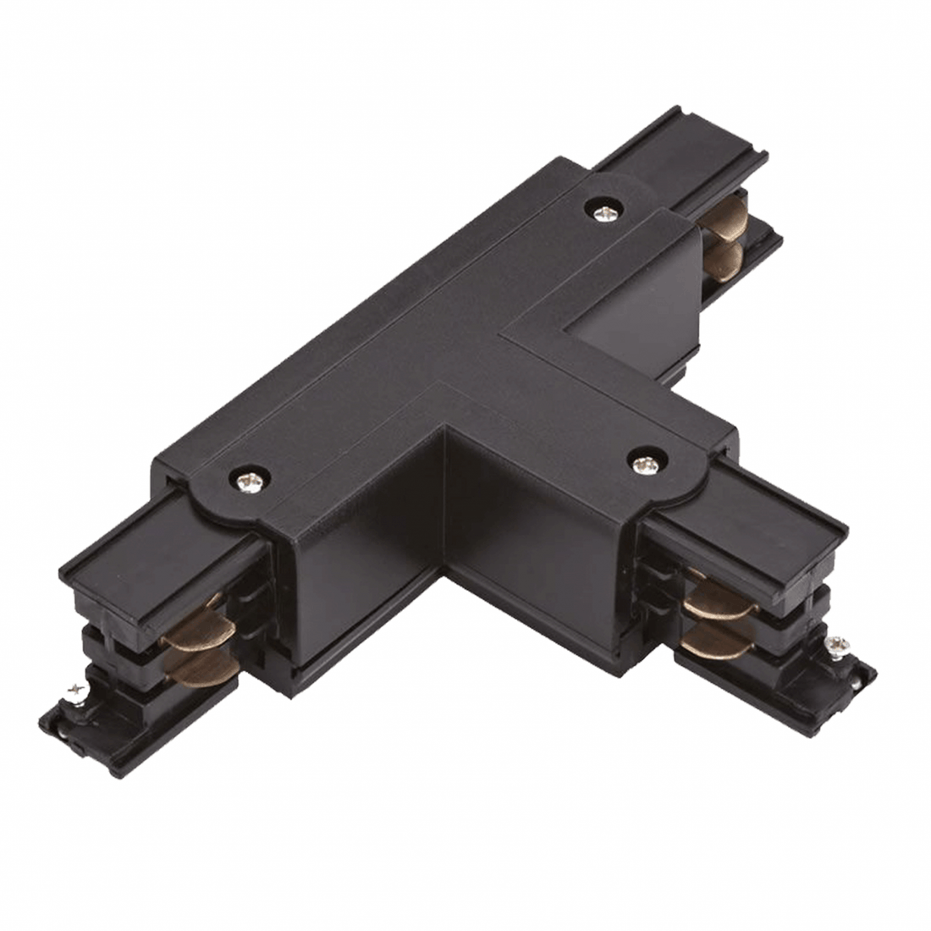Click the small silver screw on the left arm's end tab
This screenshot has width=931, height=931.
(x=79, y=692)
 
